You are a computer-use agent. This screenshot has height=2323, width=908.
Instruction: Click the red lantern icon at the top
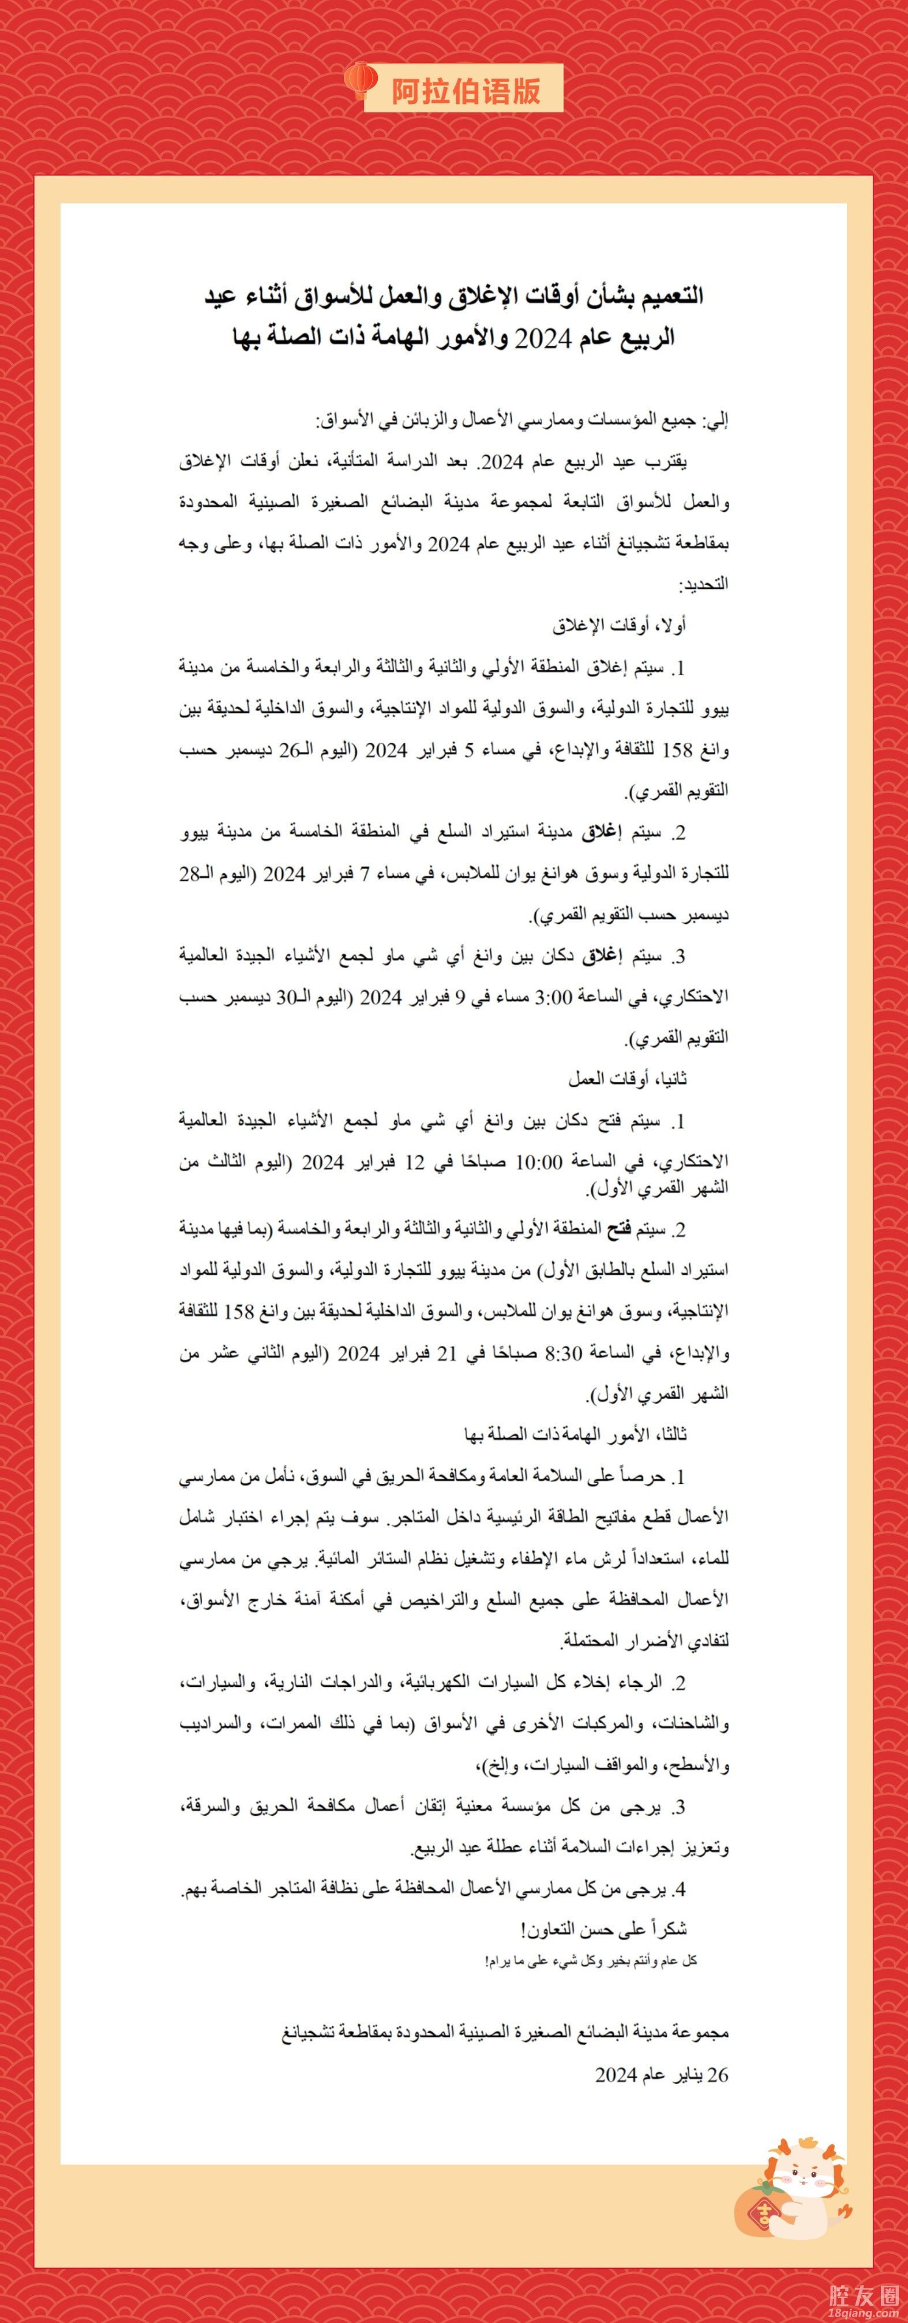[x=360, y=80]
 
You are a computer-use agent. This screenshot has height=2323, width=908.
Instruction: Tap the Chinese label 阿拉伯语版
[x=466, y=90]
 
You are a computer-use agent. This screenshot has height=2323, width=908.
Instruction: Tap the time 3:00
[x=553, y=997]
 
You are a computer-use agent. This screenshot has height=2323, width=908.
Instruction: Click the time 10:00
[x=538, y=1162]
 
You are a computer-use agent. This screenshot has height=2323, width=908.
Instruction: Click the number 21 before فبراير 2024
[x=447, y=1353]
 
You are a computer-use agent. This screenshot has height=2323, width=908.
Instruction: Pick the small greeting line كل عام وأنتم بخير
[x=591, y=1961]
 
